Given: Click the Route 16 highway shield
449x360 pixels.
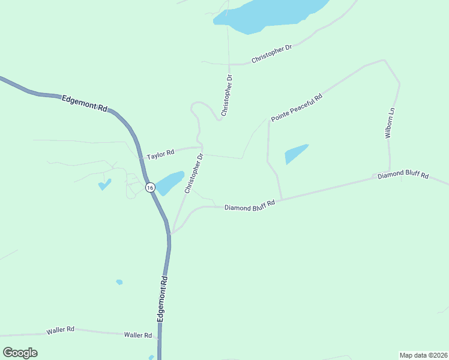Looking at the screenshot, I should pos(150,188).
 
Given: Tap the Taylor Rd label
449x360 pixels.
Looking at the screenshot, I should pos(160,155).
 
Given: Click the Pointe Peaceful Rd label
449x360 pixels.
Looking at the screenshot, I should pos(297,107).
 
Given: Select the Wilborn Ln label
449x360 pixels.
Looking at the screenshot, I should pos(390,123).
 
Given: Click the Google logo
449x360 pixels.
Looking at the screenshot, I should pos(20,352).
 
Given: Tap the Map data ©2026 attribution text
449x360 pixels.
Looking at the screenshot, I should pos(424,355).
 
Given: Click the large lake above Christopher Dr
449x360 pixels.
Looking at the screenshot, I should pos(264,15).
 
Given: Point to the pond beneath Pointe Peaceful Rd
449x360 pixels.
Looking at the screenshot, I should pos(295,154).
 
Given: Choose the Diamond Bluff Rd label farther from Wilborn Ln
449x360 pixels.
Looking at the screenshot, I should pos(249,205).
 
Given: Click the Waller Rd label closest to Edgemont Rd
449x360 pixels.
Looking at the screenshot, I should pos(138,335).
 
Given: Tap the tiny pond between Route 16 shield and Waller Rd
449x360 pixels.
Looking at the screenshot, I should pos(119,282).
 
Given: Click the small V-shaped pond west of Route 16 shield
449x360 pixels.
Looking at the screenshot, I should pos(104,184).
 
